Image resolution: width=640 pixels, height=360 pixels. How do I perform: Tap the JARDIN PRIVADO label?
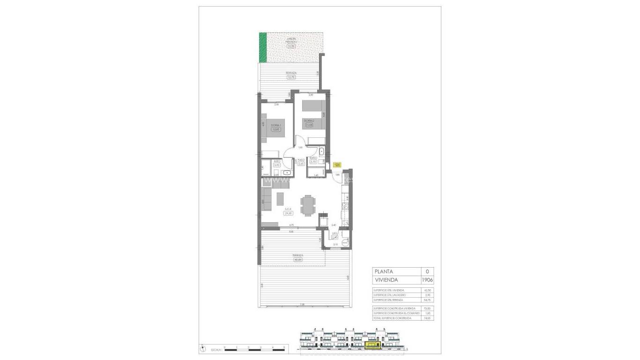291,40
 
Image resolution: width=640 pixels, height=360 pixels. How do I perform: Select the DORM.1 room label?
275,125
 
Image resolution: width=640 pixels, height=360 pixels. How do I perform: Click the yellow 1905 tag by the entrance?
337,165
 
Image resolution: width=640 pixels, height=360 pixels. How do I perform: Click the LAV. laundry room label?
335,233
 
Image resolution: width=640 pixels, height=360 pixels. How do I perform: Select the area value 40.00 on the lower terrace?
298,259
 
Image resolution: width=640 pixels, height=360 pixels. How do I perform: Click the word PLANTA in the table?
384,271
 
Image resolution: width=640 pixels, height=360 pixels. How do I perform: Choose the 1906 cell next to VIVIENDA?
427,280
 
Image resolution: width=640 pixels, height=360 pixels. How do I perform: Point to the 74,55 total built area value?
426,318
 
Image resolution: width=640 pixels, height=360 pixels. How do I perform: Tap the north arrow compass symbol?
202,349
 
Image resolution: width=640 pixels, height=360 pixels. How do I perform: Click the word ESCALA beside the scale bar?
216,350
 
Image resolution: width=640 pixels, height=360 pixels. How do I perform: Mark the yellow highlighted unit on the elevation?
373,346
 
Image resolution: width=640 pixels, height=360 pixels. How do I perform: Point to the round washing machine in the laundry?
346,242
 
